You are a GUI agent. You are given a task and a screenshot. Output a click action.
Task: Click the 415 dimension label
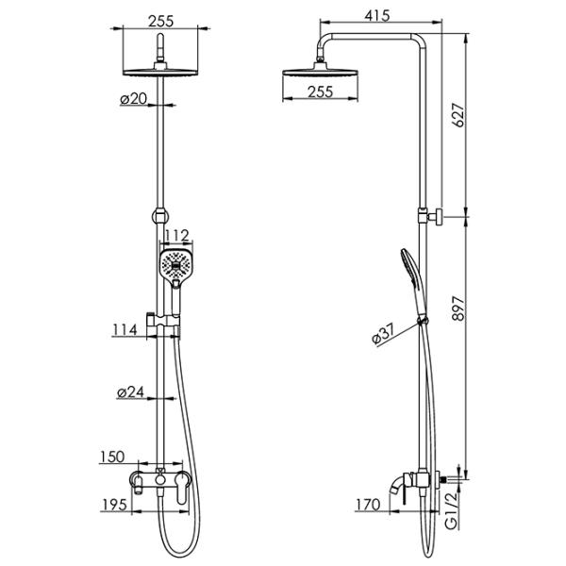coord(377,16)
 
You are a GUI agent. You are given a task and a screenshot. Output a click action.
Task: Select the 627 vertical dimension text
coord(458,115)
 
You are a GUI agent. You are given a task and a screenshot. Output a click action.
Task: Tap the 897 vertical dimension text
coord(458,308)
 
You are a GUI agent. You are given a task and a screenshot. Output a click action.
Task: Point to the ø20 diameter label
coord(134,98)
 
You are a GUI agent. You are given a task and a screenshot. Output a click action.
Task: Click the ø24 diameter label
coord(131,392)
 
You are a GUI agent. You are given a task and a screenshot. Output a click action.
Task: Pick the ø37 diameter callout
coord(384,334)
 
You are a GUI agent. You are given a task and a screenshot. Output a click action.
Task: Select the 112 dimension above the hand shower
coord(177,236)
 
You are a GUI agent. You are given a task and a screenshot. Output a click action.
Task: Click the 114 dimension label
coord(125,330)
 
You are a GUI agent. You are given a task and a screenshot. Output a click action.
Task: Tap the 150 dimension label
coord(112,457)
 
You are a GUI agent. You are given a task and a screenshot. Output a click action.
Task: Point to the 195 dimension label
coord(114,505)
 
